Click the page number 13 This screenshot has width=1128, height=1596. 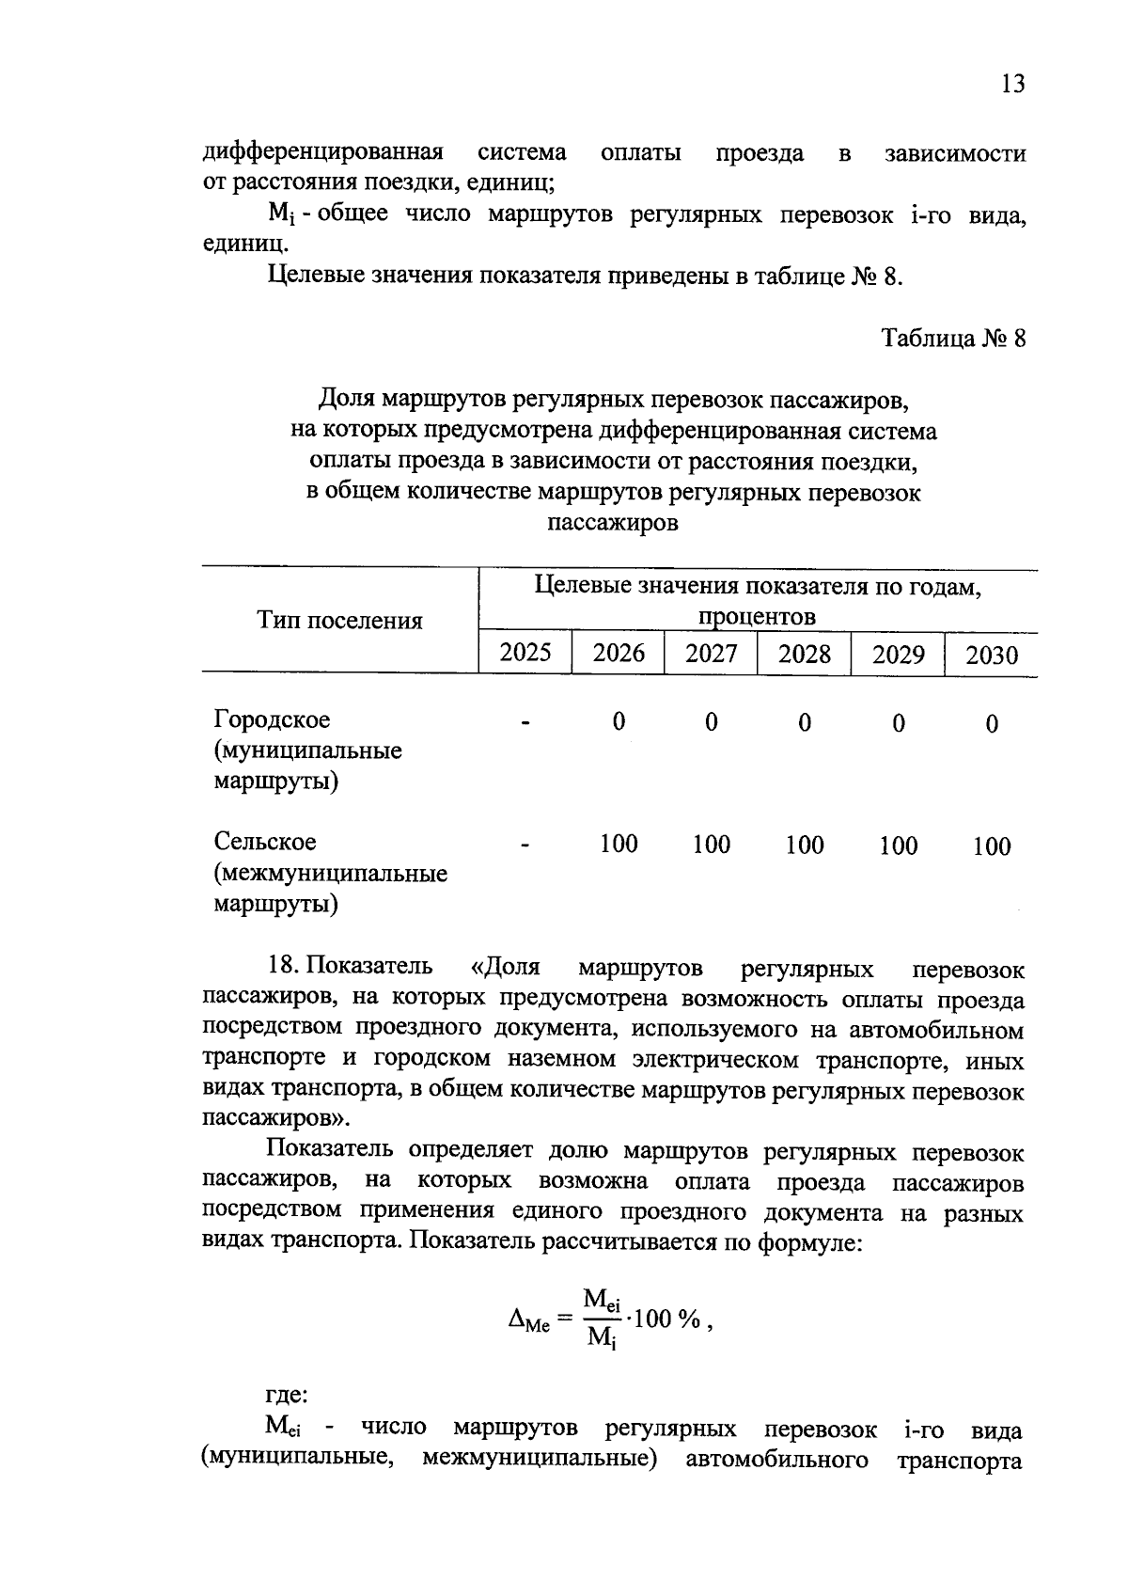pyautogui.click(x=1012, y=84)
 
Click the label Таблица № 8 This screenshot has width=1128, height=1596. pyautogui.click(x=953, y=338)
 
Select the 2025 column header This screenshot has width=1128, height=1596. pyautogui.click(x=525, y=652)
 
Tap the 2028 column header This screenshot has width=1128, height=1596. pyautogui.click(x=804, y=654)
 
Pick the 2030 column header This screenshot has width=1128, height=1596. pyautogui.click(x=991, y=655)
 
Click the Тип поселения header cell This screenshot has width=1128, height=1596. pyautogui.click(x=340, y=620)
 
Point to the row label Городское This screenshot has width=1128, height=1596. pyautogui.click(x=273, y=719)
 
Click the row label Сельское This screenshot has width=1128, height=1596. pyautogui.click(x=265, y=842)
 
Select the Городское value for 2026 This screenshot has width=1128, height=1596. pyautogui.click(x=618, y=721)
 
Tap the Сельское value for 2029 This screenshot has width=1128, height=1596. pyautogui.click(x=898, y=845)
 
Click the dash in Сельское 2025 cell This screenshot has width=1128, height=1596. pyautogui.click(x=525, y=845)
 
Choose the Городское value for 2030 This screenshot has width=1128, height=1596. pyautogui.click(x=992, y=723)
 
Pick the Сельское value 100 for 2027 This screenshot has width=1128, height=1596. pyautogui.click(x=711, y=845)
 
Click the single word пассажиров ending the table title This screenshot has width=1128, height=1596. pyautogui.click(x=612, y=523)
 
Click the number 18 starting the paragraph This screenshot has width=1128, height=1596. pyautogui.click(x=282, y=966)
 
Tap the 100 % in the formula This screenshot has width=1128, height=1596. pyautogui.click(x=667, y=1319)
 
